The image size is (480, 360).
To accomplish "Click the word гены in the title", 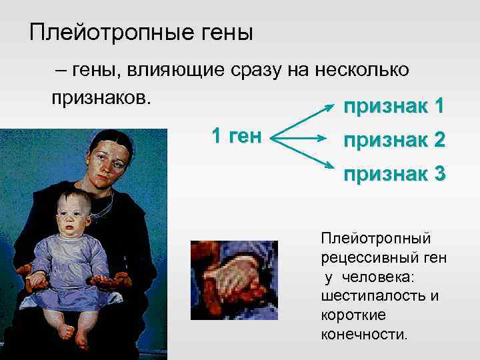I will [x=223, y=32].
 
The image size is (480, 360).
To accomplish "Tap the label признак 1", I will [x=393, y=107].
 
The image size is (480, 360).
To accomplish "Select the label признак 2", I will [x=393, y=141].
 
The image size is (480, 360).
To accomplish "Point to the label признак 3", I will [x=393, y=174].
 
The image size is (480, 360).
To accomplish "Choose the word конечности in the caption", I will [x=363, y=333].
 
